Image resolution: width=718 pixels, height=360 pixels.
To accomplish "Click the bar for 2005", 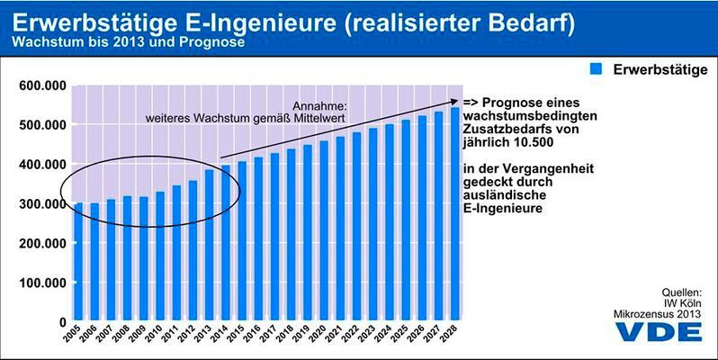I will pyautogui.click(x=78, y=262).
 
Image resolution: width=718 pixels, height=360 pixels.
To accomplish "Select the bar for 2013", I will pyautogui.click(x=210, y=245).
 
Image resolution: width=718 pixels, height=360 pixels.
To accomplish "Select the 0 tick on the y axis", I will pyautogui.click(x=61, y=322).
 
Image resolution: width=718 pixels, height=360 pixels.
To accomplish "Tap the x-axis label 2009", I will pyautogui.click(x=142, y=337).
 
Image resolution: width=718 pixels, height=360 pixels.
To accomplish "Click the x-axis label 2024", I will pyautogui.click(x=388, y=337).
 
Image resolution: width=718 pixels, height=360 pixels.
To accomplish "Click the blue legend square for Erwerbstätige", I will pyautogui.click(x=595, y=68).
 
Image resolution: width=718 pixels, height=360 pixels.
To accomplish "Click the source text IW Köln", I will pyautogui.click(x=681, y=302).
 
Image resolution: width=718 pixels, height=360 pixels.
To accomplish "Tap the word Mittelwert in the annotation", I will pyautogui.click(x=318, y=117).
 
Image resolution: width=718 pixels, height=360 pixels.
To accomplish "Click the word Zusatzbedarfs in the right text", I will pyautogui.click(x=504, y=130).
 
